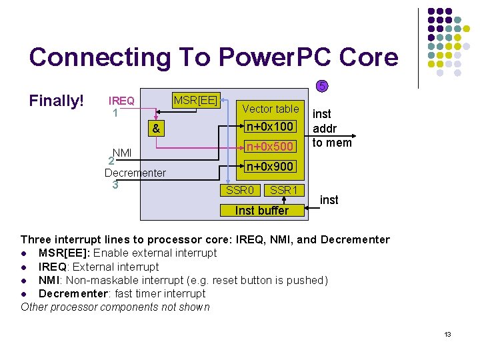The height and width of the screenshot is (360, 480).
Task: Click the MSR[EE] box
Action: point(195,100)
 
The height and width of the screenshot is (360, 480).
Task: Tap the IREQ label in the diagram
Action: point(122,101)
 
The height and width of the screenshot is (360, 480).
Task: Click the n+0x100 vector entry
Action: point(270,126)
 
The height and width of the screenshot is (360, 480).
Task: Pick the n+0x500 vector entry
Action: point(270,147)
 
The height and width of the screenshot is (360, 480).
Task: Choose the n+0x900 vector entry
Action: point(270,167)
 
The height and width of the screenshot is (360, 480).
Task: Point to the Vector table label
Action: point(270,109)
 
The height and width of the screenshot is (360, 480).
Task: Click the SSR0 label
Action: point(240,191)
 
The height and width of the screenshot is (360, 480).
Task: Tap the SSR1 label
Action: point(283,191)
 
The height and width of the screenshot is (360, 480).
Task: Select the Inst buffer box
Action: point(263,211)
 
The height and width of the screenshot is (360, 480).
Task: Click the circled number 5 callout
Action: point(321,87)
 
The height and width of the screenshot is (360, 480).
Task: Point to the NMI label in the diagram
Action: point(122,153)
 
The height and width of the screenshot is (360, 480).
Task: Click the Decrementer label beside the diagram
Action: point(135,173)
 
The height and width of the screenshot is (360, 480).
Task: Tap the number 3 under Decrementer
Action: point(115,185)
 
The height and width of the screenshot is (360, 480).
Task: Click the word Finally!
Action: point(57,101)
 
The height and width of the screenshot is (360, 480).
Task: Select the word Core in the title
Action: point(369,57)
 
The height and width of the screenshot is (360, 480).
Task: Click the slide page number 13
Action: point(447,334)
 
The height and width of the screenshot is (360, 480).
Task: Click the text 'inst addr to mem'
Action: point(332,129)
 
